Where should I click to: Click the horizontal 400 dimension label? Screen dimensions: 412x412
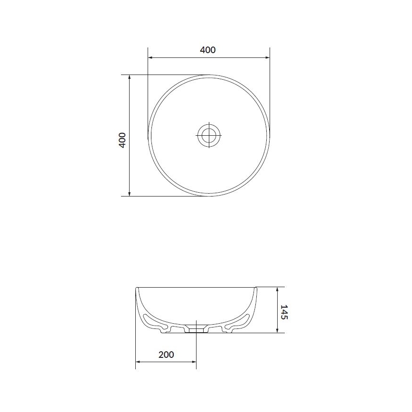click(x=208, y=50)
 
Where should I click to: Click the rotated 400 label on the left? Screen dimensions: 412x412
click(x=122, y=140)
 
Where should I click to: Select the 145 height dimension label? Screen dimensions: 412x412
click(x=284, y=312)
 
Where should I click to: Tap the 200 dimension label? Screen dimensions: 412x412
click(x=166, y=355)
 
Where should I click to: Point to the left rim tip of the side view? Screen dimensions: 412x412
click(x=137, y=288)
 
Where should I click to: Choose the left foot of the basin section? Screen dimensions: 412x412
click(x=165, y=331)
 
